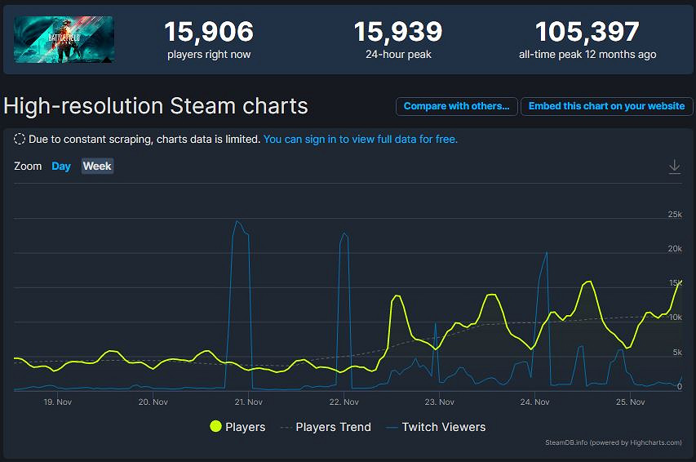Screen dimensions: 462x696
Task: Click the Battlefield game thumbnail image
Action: click(64, 40)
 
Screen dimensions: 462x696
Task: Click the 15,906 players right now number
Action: click(209, 33)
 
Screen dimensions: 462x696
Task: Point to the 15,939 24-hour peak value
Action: click(397, 33)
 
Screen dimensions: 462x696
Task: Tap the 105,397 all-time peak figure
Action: click(587, 33)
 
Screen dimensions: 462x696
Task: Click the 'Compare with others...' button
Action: click(457, 106)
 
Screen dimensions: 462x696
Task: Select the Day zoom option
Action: click(61, 167)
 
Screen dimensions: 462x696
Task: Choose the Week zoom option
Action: click(97, 167)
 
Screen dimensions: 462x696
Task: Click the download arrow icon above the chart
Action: click(674, 167)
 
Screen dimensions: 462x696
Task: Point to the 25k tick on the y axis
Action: click(674, 215)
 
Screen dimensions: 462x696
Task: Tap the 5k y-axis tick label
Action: click(676, 353)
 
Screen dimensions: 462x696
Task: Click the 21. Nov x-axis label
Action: click(248, 402)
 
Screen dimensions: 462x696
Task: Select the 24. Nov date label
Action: click(534, 402)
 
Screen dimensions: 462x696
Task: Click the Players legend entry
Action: click(237, 427)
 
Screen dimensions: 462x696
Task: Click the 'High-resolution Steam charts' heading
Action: click(156, 106)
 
